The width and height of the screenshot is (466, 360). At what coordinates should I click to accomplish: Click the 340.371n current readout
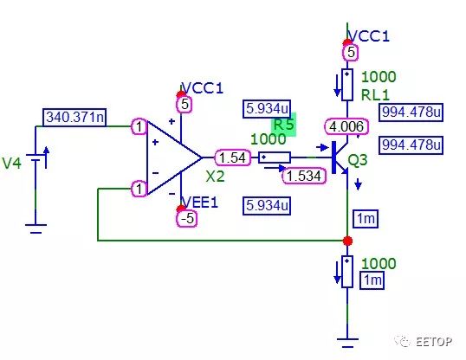[x=74, y=118]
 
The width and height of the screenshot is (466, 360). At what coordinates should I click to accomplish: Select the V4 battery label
[x=11, y=164]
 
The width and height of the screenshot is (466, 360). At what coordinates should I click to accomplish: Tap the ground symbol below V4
[x=36, y=228]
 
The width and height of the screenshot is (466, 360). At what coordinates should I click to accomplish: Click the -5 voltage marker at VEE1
[x=187, y=219]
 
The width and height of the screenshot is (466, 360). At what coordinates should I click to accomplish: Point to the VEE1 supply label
[x=200, y=202]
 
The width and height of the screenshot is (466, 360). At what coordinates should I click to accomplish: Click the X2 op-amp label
[x=215, y=177]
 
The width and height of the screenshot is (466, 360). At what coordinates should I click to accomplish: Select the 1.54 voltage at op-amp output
[x=232, y=157]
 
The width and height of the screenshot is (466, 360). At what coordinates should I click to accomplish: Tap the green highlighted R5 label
[x=284, y=125]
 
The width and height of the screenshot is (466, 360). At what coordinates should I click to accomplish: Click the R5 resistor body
[x=275, y=157]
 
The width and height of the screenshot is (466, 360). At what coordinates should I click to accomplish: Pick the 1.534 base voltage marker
[x=304, y=176]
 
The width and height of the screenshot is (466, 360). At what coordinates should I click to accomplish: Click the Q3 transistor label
[x=358, y=160]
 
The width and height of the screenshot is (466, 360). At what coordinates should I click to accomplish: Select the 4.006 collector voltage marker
[x=346, y=127]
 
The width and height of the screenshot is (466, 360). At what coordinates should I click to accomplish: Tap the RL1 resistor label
[x=375, y=95]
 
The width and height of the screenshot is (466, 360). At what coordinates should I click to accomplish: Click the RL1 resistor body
[x=347, y=85]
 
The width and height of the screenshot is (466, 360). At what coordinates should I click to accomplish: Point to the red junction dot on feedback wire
[x=347, y=241]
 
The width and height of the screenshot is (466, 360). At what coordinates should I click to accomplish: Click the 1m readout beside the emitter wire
[x=366, y=219]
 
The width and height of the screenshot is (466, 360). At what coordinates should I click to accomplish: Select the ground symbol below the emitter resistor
[x=347, y=343]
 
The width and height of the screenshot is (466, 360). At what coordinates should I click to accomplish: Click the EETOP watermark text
[x=434, y=342]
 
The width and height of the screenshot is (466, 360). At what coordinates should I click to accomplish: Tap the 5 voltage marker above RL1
[x=351, y=53]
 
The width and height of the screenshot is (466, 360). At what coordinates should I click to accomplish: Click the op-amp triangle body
[x=174, y=157]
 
